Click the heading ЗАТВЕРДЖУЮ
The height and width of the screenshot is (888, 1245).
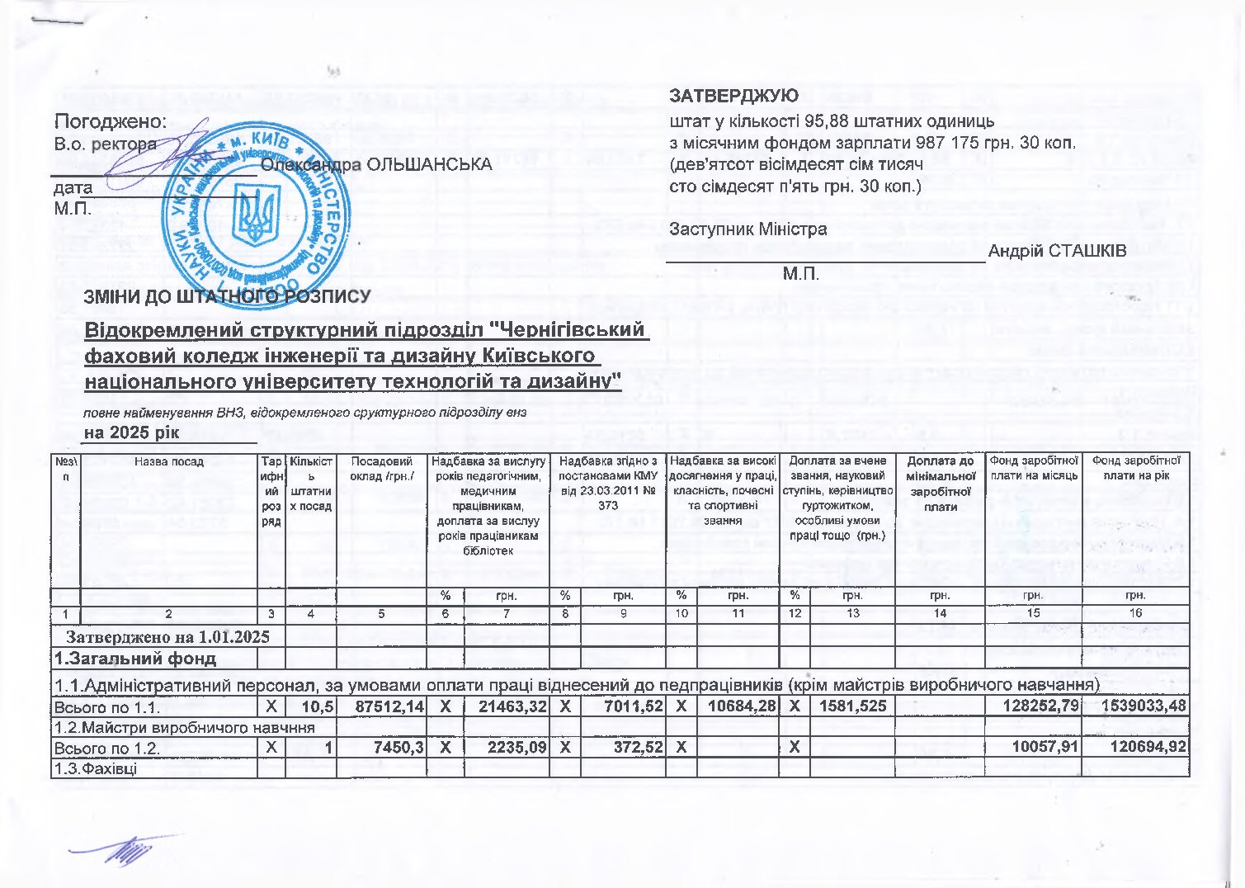click(x=733, y=96)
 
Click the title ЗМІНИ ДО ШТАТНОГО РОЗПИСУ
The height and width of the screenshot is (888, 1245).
click(x=227, y=296)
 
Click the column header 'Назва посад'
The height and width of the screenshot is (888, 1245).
click(x=169, y=462)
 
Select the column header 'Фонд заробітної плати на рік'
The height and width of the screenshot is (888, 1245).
click(x=1136, y=468)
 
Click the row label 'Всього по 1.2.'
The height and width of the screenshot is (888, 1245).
click(x=106, y=749)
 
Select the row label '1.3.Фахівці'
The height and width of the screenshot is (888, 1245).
click(x=96, y=769)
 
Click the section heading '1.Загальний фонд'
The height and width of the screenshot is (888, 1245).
click(x=135, y=659)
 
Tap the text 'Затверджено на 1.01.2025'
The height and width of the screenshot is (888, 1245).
click(x=167, y=637)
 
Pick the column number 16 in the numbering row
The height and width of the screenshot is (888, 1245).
click(x=1136, y=613)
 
